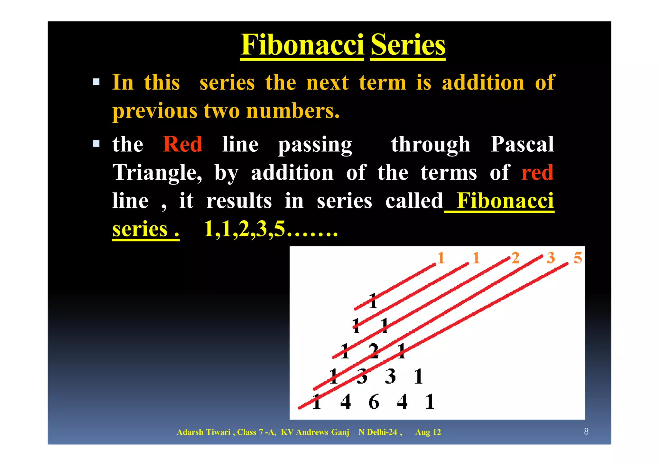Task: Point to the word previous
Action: [x=154, y=111]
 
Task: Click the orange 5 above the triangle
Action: [x=578, y=258]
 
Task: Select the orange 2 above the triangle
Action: [x=515, y=258]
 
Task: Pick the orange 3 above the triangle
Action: [x=551, y=258]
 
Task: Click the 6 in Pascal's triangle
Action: [x=374, y=402]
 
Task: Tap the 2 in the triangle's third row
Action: [x=373, y=351]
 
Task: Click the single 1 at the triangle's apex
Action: [x=373, y=301]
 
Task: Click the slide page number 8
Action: [x=586, y=432]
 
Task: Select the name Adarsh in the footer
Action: [x=190, y=432]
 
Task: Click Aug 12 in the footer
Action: [x=428, y=432]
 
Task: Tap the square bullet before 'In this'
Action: [x=96, y=82]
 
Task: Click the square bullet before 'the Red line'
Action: [x=96, y=144]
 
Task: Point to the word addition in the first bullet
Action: [x=483, y=83]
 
